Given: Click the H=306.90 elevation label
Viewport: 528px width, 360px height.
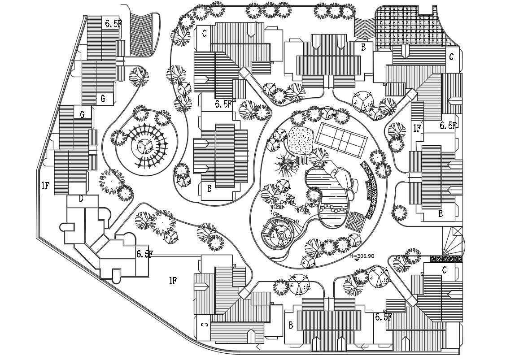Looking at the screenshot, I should (x=362, y=256).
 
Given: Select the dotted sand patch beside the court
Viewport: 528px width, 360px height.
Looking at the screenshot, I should (x=301, y=139).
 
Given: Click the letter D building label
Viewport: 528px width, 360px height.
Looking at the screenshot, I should (x=81, y=199).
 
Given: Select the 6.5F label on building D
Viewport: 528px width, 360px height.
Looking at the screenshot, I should (x=144, y=254).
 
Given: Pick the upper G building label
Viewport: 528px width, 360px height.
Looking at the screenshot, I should (x=103, y=98).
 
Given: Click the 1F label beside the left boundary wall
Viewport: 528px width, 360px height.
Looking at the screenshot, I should (x=45, y=185).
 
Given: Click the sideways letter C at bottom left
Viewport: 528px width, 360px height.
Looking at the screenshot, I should (x=204, y=324).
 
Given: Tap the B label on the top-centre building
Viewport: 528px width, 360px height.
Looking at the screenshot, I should (x=363, y=46).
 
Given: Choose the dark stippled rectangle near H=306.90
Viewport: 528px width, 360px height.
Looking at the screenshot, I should (x=446, y=259).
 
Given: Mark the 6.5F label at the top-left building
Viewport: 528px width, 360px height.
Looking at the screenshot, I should (x=113, y=24).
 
